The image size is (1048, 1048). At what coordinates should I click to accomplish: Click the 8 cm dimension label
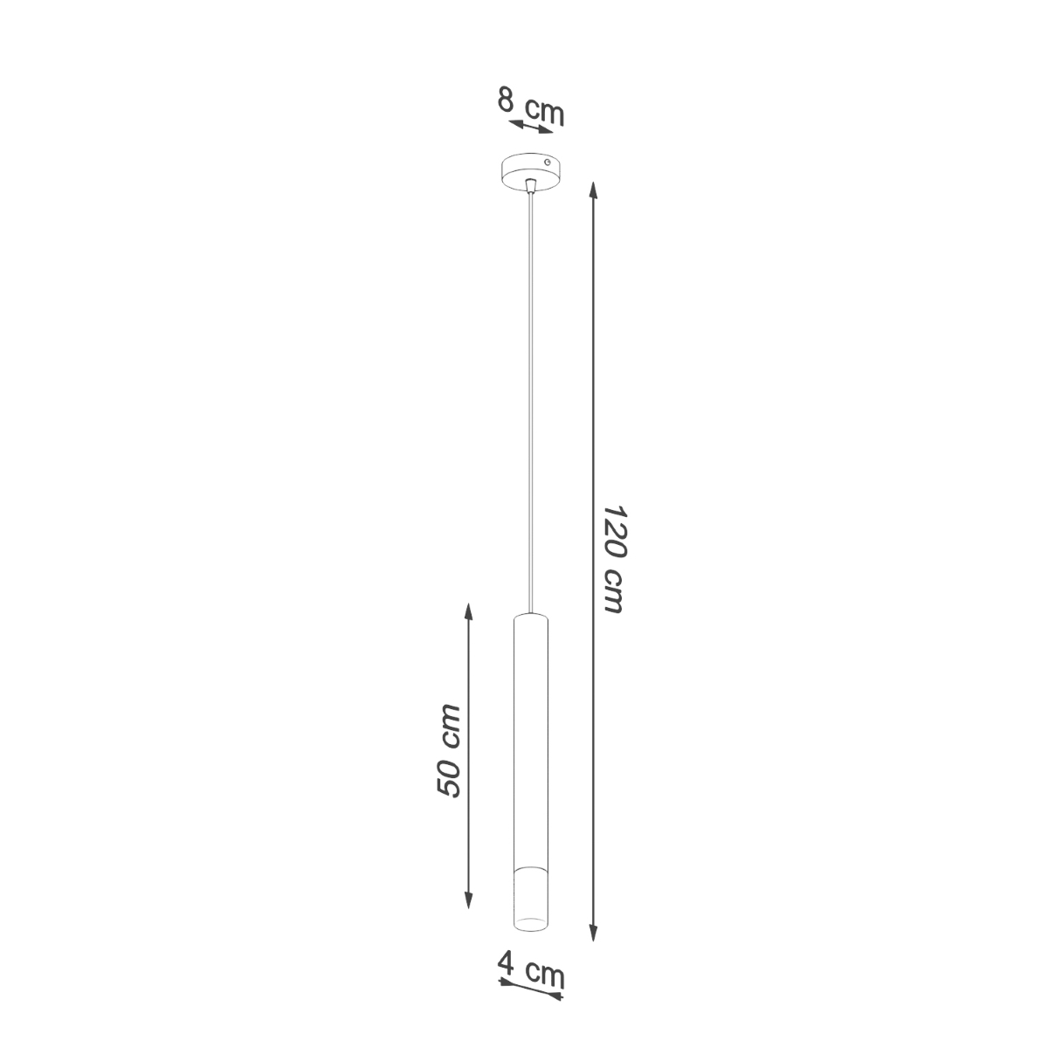[530, 106]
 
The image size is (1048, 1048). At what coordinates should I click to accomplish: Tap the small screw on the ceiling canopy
[547, 162]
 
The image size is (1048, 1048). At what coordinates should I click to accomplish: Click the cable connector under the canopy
[531, 184]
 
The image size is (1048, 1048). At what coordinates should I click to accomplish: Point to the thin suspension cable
[531, 393]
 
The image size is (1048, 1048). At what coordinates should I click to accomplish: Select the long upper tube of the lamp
[531, 734]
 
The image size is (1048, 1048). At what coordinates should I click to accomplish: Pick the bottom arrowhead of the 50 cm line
[469, 901]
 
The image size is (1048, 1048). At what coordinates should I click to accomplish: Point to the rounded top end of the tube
[531, 616]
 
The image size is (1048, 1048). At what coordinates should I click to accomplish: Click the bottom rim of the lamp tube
[531, 927]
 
